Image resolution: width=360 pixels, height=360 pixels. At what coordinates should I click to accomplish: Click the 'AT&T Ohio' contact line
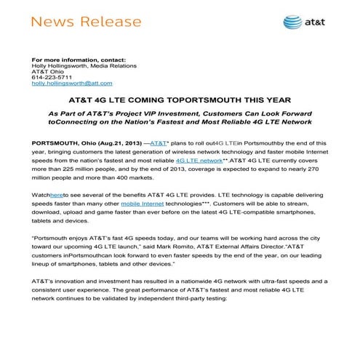click(x=46, y=71)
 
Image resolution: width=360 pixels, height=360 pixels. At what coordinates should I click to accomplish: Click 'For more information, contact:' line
click(x=79, y=58)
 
